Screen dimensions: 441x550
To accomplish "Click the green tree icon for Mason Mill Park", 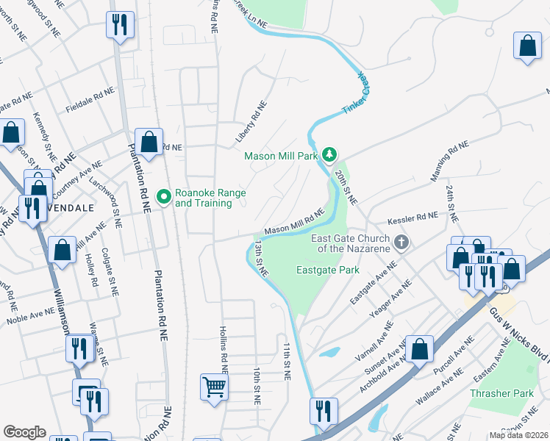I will pos(330,154).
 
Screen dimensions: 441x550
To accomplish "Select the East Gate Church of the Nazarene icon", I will pos(401,242).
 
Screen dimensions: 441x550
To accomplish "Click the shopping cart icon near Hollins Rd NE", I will pos(213,386).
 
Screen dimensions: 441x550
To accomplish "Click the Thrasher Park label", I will pos(501,393).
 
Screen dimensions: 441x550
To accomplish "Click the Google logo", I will pos(24,432).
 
